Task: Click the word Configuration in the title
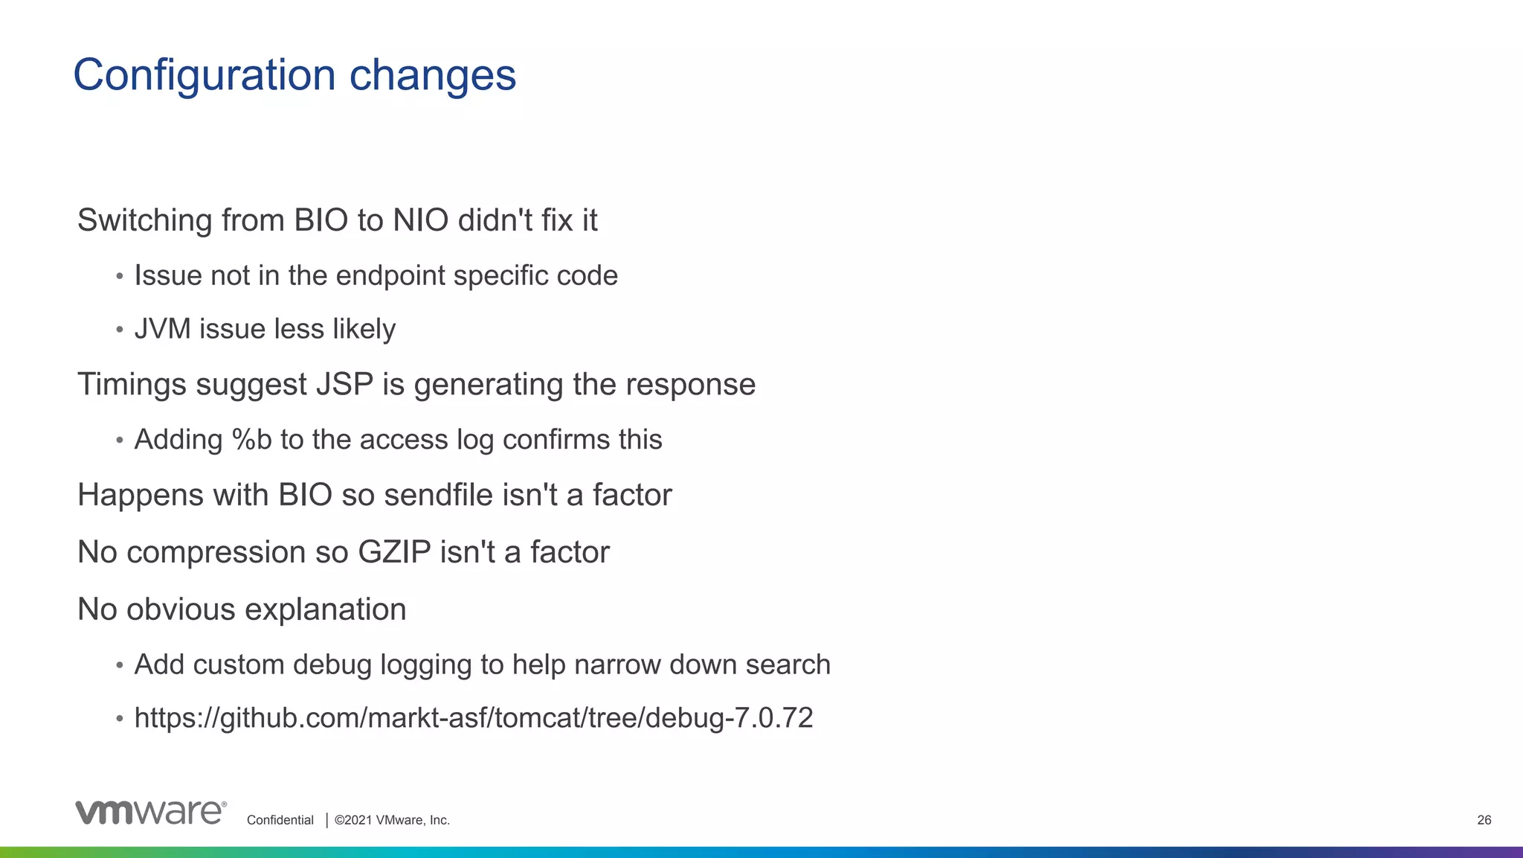204,76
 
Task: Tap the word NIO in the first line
420,220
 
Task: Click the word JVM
162,329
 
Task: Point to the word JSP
344,385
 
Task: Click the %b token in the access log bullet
252,440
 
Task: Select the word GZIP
394,553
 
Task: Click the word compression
216,553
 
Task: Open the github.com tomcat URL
473,718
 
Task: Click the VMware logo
150,813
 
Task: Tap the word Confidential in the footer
280,820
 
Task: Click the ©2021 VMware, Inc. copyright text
392,820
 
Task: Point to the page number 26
1484,820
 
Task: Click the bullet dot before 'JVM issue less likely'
119,330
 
